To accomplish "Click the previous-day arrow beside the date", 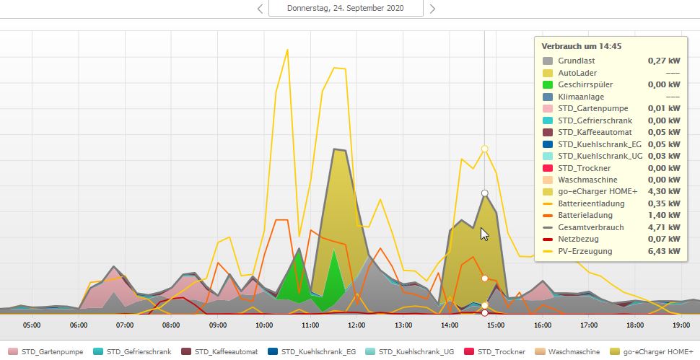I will [260, 9].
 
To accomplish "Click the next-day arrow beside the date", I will [432, 9].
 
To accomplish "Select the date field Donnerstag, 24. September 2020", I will [345, 9].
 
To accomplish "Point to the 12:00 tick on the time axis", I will [356, 325].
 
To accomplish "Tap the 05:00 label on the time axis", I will [32, 325].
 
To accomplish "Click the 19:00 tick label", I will [681, 325].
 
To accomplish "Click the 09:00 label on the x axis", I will [217, 325].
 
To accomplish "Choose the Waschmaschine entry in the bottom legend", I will [574, 351].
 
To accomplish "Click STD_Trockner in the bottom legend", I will [499, 351].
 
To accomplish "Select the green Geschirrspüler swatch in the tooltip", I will [548, 85].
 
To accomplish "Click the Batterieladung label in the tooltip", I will [586, 216].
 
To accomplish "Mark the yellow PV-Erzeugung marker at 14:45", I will [485, 149].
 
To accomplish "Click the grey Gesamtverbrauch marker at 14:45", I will [485, 193].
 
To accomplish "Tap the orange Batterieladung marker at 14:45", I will [485, 278].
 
